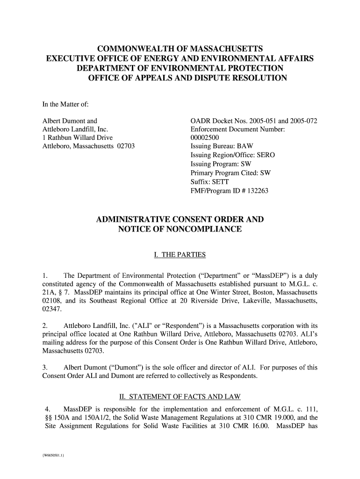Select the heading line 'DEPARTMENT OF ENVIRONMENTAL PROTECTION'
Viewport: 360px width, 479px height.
click(180, 68)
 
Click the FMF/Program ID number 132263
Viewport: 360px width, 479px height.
click(256, 190)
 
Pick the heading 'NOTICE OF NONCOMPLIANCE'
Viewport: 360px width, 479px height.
click(180, 229)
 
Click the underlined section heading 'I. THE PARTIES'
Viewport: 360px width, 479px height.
click(180, 255)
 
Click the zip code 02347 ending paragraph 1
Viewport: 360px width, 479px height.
click(51, 309)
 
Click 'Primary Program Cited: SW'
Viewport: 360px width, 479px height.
click(230, 173)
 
